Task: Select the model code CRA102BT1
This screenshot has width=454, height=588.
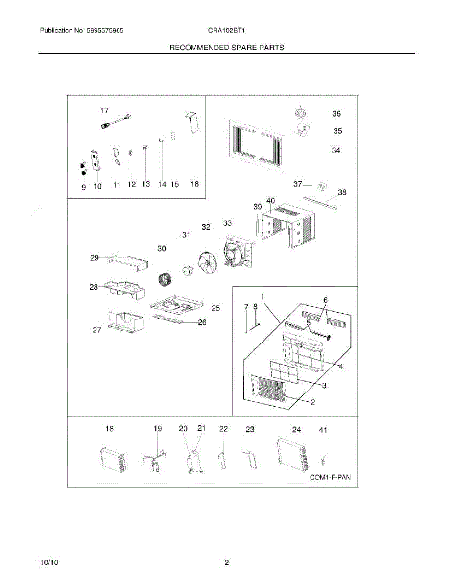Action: pyautogui.click(x=226, y=30)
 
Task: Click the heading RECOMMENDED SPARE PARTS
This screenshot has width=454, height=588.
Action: pyautogui.click(x=227, y=48)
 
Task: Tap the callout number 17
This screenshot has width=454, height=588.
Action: pyautogui.click(x=105, y=111)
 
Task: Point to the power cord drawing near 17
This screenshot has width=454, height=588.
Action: pyautogui.click(x=116, y=122)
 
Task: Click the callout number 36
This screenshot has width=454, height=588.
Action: pyautogui.click(x=336, y=114)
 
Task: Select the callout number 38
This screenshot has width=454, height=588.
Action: pyautogui.click(x=342, y=193)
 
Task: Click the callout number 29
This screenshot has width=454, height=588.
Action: pyautogui.click(x=95, y=258)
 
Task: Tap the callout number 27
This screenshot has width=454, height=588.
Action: pyautogui.click(x=97, y=330)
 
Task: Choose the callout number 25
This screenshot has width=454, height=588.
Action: pyautogui.click(x=215, y=308)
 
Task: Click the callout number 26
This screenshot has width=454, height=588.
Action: pyautogui.click(x=202, y=322)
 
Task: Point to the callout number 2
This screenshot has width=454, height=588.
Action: pyautogui.click(x=313, y=403)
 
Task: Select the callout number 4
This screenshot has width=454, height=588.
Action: pyautogui.click(x=341, y=367)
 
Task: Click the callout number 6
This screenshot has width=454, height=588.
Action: pyautogui.click(x=325, y=300)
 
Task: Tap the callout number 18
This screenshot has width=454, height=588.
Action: pyautogui.click(x=109, y=429)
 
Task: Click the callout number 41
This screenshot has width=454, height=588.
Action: pyautogui.click(x=323, y=430)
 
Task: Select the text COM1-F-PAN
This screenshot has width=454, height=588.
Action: pyautogui.click(x=331, y=477)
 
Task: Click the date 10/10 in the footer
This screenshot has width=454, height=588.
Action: pyautogui.click(x=49, y=563)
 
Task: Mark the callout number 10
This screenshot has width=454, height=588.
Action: pyautogui.click(x=97, y=187)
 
